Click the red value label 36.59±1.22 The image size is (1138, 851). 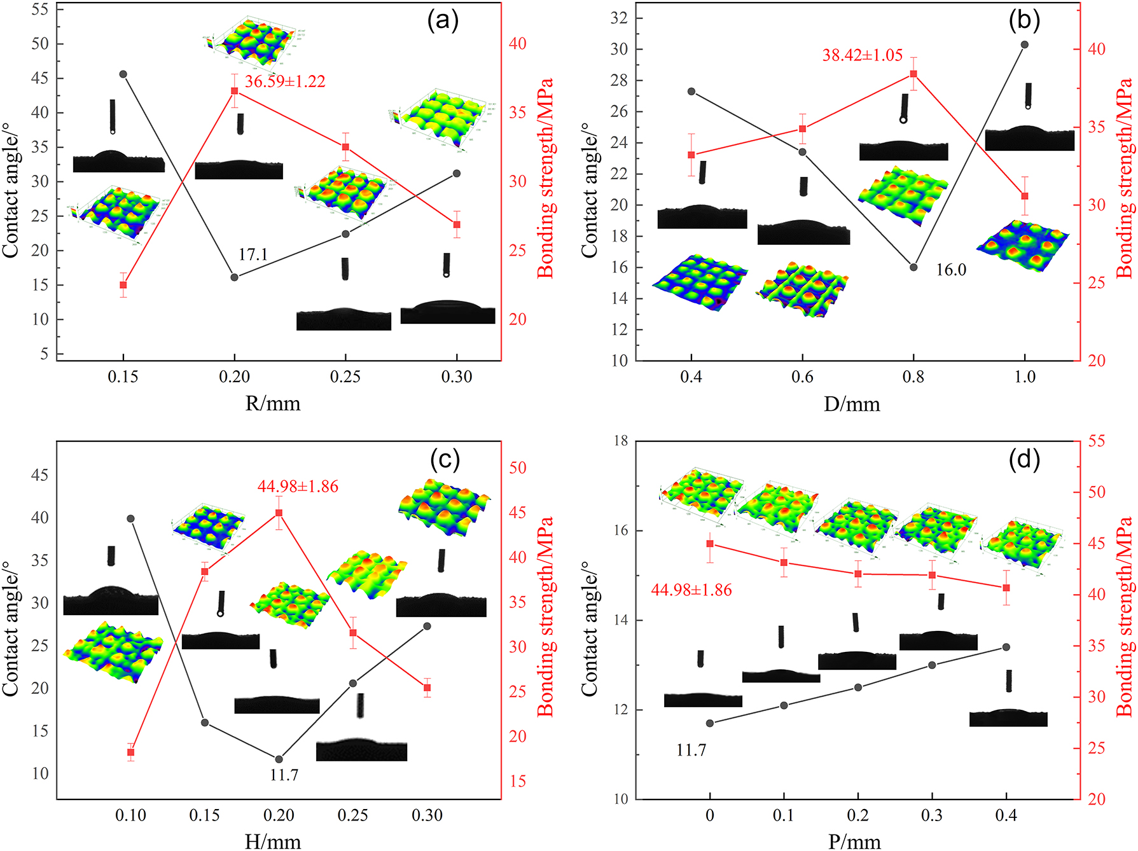(x=285, y=81)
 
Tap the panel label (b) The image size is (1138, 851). (x=1024, y=20)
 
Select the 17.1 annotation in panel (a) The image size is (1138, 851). (x=253, y=254)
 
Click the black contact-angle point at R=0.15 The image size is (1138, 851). (x=123, y=74)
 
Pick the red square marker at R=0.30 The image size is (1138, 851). (x=457, y=225)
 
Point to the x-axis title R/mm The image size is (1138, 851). (x=272, y=403)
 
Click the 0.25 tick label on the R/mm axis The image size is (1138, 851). (x=345, y=377)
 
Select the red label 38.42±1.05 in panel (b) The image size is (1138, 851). (x=862, y=55)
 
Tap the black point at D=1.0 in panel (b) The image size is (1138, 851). (x=1024, y=45)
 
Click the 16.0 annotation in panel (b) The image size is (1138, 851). (x=950, y=270)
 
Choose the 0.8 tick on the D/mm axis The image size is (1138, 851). (x=913, y=377)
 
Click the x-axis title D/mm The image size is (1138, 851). (x=852, y=404)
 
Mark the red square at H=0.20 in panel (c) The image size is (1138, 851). (x=279, y=513)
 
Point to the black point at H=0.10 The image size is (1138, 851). (x=131, y=519)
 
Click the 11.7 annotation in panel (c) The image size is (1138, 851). (x=284, y=775)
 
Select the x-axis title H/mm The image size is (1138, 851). (x=272, y=841)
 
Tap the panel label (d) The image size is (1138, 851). (x=1024, y=459)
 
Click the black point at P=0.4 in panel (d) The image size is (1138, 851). (x=1006, y=647)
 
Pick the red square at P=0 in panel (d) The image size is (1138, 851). (x=710, y=544)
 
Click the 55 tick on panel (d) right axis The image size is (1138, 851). (x=1096, y=441)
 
